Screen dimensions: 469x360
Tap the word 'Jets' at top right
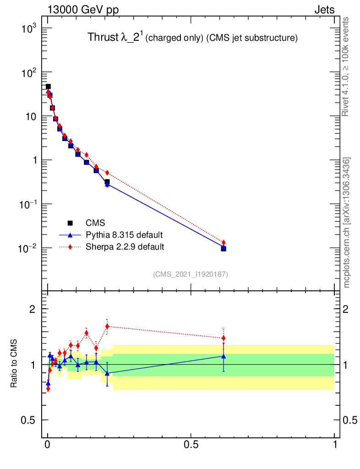point(324,10)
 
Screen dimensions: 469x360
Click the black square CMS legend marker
point(71,223)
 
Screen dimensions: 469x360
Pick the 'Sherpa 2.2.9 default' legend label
point(125,247)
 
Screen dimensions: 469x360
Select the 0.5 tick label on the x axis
point(191,445)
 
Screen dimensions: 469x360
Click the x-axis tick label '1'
point(335,445)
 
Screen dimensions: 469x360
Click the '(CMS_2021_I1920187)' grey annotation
point(191,274)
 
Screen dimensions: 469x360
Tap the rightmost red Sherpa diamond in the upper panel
point(224,242)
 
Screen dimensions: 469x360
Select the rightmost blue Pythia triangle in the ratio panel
point(224,356)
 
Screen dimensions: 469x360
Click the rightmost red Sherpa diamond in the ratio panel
point(224,338)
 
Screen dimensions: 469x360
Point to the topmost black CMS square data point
point(48,87)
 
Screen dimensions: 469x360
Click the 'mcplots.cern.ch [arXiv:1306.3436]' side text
point(347,223)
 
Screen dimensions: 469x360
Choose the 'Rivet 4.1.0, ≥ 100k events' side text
point(346,66)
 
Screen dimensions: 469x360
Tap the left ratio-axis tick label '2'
point(33,309)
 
